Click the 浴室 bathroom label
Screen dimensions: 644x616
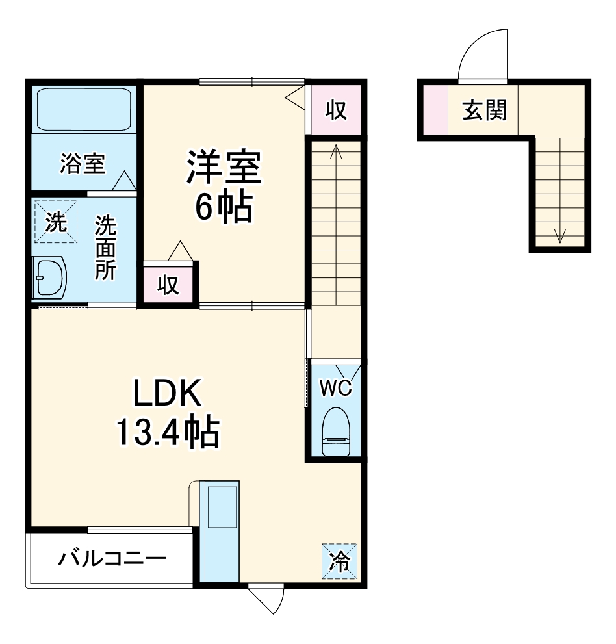[x=82, y=164]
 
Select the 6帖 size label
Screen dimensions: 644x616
[x=224, y=207]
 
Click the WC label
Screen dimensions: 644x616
[x=336, y=389]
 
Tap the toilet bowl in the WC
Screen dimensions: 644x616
[x=336, y=431]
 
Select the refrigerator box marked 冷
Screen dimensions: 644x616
[x=339, y=560]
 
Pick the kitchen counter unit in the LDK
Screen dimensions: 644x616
[x=220, y=530]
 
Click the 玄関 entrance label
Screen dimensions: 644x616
[x=484, y=111]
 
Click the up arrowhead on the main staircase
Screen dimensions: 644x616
[x=336, y=151]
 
